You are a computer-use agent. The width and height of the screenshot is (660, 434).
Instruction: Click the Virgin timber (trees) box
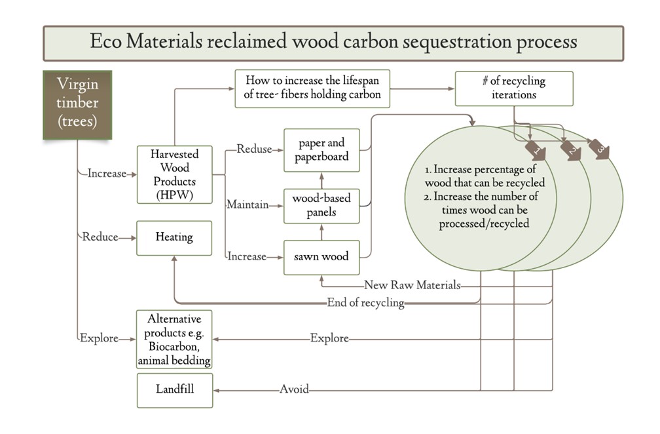click(x=77, y=104)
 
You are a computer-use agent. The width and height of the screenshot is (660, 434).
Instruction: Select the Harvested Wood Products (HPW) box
click(x=174, y=174)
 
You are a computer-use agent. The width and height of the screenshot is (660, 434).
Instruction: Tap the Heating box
click(x=174, y=237)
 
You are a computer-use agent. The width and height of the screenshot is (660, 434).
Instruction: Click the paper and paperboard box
click(x=321, y=150)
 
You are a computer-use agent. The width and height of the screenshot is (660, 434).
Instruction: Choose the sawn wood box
click(x=321, y=256)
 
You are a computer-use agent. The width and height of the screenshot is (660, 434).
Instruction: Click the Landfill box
click(x=175, y=389)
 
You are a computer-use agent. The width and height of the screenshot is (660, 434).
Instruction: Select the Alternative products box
click(x=175, y=339)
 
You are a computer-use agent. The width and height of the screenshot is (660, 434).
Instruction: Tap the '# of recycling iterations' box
click(x=514, y=89)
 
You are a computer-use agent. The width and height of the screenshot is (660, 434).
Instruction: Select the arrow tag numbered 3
click(x=598, y=148)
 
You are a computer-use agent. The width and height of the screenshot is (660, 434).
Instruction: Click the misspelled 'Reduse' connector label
click(x=254, y=149)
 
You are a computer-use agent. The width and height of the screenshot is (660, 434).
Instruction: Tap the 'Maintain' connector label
click(x=247, y=205)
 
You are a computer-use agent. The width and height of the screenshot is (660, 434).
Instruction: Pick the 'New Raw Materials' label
click(x=412, y=285)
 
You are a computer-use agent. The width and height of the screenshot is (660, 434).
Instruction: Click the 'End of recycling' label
click(x=365, y=303)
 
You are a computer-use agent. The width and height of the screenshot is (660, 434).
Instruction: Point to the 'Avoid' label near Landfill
click(x=294, y=389)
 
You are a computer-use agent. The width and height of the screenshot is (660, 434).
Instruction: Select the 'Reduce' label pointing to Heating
click(x=100, y=237)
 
